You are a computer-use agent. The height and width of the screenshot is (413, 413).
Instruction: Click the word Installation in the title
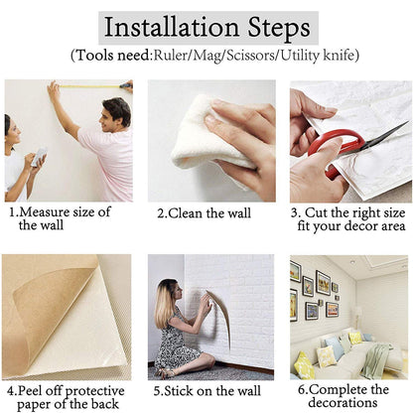coord(172,28)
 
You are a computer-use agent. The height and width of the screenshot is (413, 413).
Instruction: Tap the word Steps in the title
coord(279,29)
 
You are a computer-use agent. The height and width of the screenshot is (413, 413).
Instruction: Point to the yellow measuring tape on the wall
coord(90,86)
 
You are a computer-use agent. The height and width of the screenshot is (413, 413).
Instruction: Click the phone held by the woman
coord(39,157)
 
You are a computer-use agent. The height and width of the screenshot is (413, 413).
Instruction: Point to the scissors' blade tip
coord(408,123)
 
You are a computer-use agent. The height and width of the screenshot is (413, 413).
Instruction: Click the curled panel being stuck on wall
coord(220,317)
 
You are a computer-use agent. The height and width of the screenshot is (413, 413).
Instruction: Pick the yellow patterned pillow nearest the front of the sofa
coord(304,366)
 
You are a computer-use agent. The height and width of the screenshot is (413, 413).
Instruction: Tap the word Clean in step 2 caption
coord(186,213)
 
